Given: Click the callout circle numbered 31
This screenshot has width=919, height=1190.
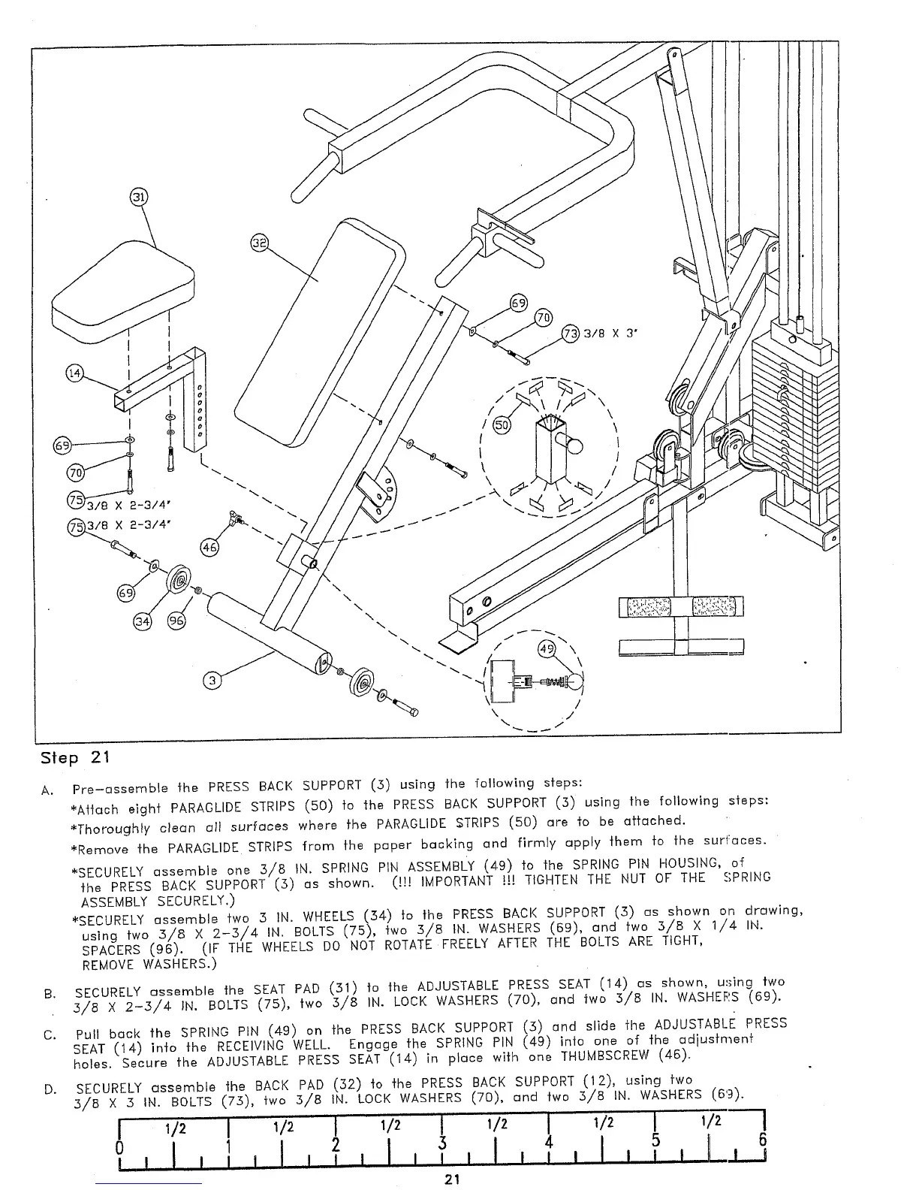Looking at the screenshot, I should [139, 198].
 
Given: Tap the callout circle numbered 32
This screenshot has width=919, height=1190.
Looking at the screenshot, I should [258, 243].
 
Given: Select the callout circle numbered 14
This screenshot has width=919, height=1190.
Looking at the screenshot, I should [75, 373].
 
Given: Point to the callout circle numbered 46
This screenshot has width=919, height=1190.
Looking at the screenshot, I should [210, 548].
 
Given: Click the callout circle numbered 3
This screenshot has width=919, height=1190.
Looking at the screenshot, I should [213, 681].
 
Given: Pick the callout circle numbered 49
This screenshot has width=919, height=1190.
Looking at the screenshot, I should [547, 648].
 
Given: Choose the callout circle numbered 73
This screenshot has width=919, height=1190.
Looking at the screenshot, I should [571, 334].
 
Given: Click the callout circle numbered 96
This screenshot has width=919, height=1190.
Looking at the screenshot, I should [177, 621].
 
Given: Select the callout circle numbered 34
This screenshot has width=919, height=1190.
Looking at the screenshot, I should [142, 621].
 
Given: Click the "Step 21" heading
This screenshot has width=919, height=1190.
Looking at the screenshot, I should [75, 757].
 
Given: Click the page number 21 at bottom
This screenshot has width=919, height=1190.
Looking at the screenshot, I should [452, 1178].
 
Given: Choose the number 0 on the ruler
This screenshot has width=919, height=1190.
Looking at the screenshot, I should [119, 1149].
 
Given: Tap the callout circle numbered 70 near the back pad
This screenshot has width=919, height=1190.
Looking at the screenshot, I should [542, 318].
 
